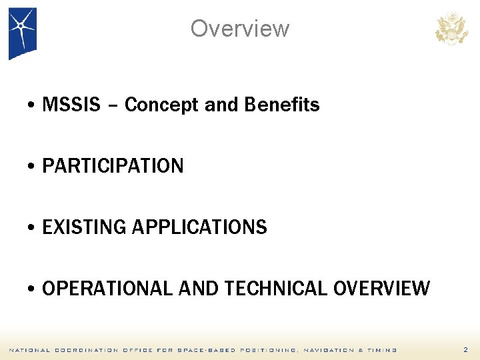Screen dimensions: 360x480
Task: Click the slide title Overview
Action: coord(240,29)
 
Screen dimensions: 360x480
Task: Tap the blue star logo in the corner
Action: coord(22,32)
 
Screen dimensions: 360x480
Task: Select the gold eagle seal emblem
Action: coord(451,29)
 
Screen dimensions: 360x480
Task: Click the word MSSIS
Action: coord(71,105)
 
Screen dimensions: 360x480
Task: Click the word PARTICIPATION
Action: coord(113,166)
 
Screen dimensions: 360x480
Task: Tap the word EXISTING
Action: coord(85,227)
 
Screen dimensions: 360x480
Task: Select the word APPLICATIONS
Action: coord(200,227)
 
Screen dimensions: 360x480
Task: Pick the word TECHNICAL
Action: coord(275,289)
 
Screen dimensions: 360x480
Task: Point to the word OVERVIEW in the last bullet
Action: coord(381,289)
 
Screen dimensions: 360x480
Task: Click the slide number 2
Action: coord(465,350)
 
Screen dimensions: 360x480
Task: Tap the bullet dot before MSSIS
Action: coord(32,106)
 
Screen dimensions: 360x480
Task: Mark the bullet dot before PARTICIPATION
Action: coord(32,167)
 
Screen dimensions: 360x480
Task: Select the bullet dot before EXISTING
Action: coord(32,229)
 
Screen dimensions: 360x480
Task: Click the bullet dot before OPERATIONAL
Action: coord(32,290)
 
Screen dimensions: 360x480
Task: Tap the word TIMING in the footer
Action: coord(383,350)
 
